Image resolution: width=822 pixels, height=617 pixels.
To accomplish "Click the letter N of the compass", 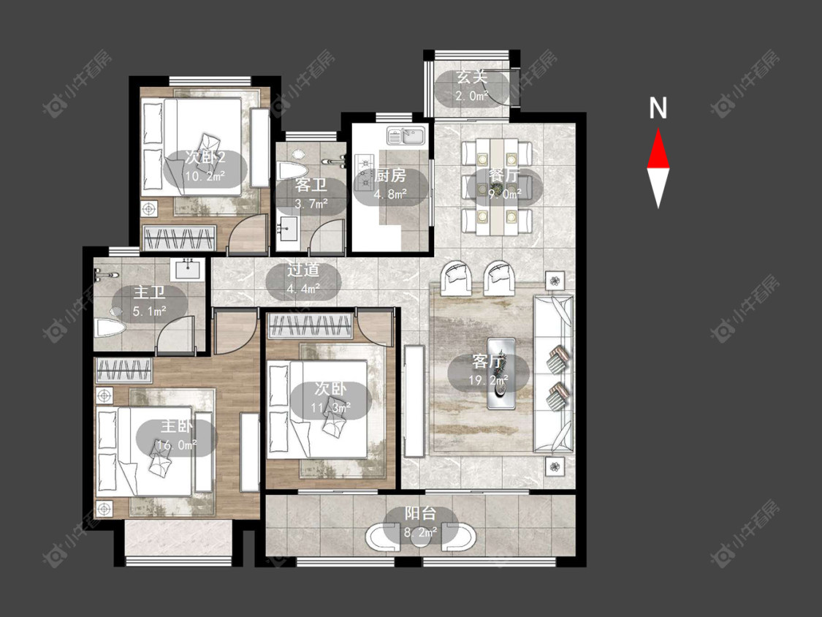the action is [x=658, y=108].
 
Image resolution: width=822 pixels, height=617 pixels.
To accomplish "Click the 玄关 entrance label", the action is [x=472, y=77].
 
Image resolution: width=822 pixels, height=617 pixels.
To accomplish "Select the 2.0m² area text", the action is [x=471, y=96].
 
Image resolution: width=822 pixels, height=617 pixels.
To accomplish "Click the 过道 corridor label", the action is [x=303, y=270].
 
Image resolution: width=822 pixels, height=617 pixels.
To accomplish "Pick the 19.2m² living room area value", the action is [x=487, y=380].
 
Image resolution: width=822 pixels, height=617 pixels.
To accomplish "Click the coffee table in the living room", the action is [x=501, y=373].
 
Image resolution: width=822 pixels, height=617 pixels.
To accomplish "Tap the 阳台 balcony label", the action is [x=420, y=514].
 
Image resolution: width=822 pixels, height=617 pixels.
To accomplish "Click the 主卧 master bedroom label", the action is [x=177, y=425].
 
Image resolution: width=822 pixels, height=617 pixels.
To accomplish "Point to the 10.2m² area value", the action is [x=205, y=175].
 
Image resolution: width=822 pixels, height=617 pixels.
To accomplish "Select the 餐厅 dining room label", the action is [x=504, y=175].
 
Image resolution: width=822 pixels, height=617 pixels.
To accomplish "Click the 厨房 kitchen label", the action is [x=390, y=175].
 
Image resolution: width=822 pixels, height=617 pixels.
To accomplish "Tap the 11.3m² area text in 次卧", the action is [x=330, y=407].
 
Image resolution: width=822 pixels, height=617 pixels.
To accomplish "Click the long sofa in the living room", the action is [x=554, y=374].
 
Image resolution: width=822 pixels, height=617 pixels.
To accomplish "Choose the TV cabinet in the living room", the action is [x=414, y=401].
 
